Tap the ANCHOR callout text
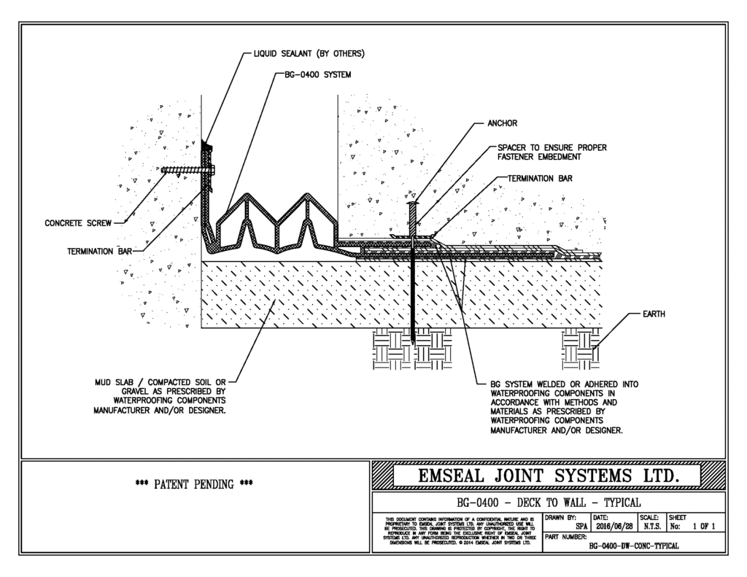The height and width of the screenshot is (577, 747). click(x=503, y=123)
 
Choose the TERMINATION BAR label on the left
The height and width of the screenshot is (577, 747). click(x=94, y=249)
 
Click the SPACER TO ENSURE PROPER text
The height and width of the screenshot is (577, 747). click(x=547, y=147)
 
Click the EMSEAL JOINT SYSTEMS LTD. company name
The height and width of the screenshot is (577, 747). click(x=547, y=476)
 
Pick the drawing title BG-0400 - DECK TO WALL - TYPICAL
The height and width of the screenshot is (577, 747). click(x=548, y=502)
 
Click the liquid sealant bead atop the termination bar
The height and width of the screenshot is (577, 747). click(x=206, y=149)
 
